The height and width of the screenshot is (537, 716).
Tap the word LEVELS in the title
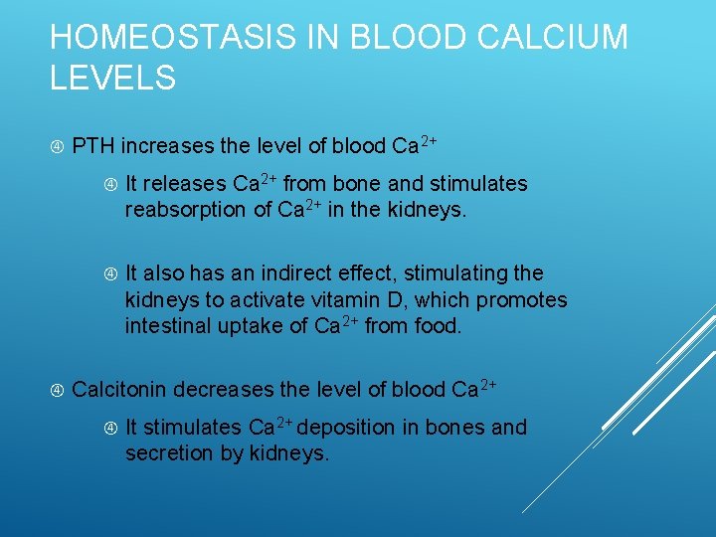112,78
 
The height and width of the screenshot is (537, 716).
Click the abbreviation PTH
94,146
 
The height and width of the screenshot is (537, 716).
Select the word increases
168,146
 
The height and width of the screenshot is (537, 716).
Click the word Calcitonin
119,389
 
